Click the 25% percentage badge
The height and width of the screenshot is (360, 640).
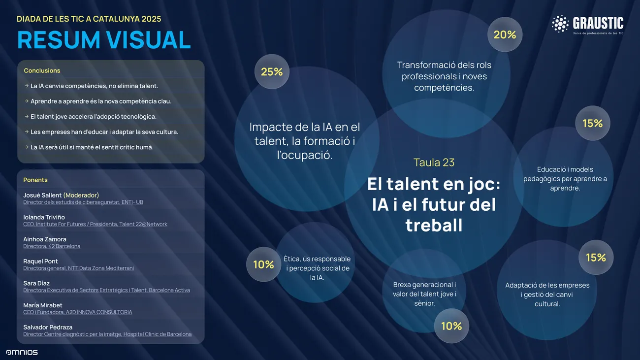tap(272, 72)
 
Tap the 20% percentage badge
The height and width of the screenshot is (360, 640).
tap(505, 34)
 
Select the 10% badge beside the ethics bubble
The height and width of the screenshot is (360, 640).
tap(263, 264)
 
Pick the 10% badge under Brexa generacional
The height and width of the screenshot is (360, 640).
tap(451, 326)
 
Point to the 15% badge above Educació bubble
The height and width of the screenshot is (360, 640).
tap(593, 123)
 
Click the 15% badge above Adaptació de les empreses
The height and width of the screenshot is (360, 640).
tap(596, 258)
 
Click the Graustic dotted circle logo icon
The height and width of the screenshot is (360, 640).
tap(560, 24)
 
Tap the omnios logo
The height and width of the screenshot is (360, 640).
tap(22, 352)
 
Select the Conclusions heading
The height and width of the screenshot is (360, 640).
tap(42, 70)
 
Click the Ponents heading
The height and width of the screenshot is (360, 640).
tap(35, 180)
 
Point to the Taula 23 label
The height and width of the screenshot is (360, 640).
tap(434, 163)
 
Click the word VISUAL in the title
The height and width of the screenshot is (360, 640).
tap(148, 40)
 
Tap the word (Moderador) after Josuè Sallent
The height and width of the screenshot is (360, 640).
tap(81, 195)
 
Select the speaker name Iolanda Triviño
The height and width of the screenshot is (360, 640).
tap(44, 217)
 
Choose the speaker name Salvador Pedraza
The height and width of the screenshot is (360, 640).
tap(48, 327)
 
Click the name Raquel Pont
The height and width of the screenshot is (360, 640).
tap(40, 261)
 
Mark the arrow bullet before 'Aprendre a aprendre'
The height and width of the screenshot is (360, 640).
tap(27, 101)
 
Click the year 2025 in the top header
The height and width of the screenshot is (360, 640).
tap(151, 19)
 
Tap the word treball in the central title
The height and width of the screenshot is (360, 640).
tap(434, 226)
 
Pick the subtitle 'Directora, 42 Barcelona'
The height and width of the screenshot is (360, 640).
tap(52, 246)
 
